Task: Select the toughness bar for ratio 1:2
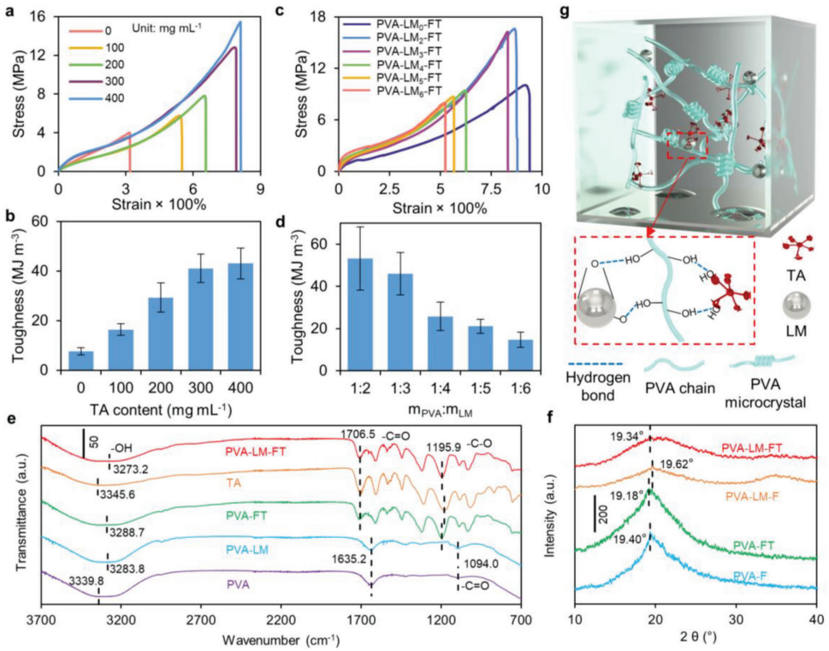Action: click(x=359, y=315)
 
